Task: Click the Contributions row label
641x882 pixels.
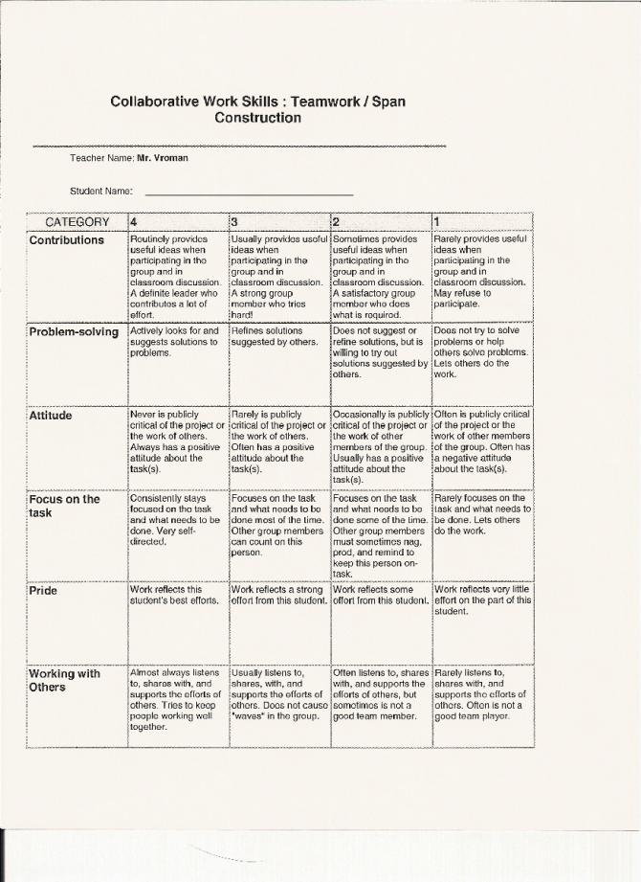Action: pyautogui.click(x=67, y=239)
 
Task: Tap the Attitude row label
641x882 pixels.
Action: pyautogui.click(x=53, y=416)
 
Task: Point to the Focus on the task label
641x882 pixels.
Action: pyautogui.click(x=64, y=506)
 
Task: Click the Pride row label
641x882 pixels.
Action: pyautogui.click(x=44, y=590)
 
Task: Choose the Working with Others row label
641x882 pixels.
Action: pyautogui.click(x=64, y=680)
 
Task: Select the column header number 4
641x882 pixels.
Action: pyautogui.click(x=134, y=222)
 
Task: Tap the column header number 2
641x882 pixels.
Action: pyautogui.click(x=336, y=222)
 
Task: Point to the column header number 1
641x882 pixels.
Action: pyautogui.click(x=437, y=222)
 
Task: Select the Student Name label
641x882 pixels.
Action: pyautogui.click(x=100, y=191)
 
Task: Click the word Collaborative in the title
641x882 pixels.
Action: pyautogui.click(x=154, y=101)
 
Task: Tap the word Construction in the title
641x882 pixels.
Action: pyautogui.click(x=257, y=118)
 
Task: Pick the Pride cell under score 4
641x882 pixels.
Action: pyautogui.click(x=166, y=596)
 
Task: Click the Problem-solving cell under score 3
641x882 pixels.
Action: pyautogui.click(x=273, y=336)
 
